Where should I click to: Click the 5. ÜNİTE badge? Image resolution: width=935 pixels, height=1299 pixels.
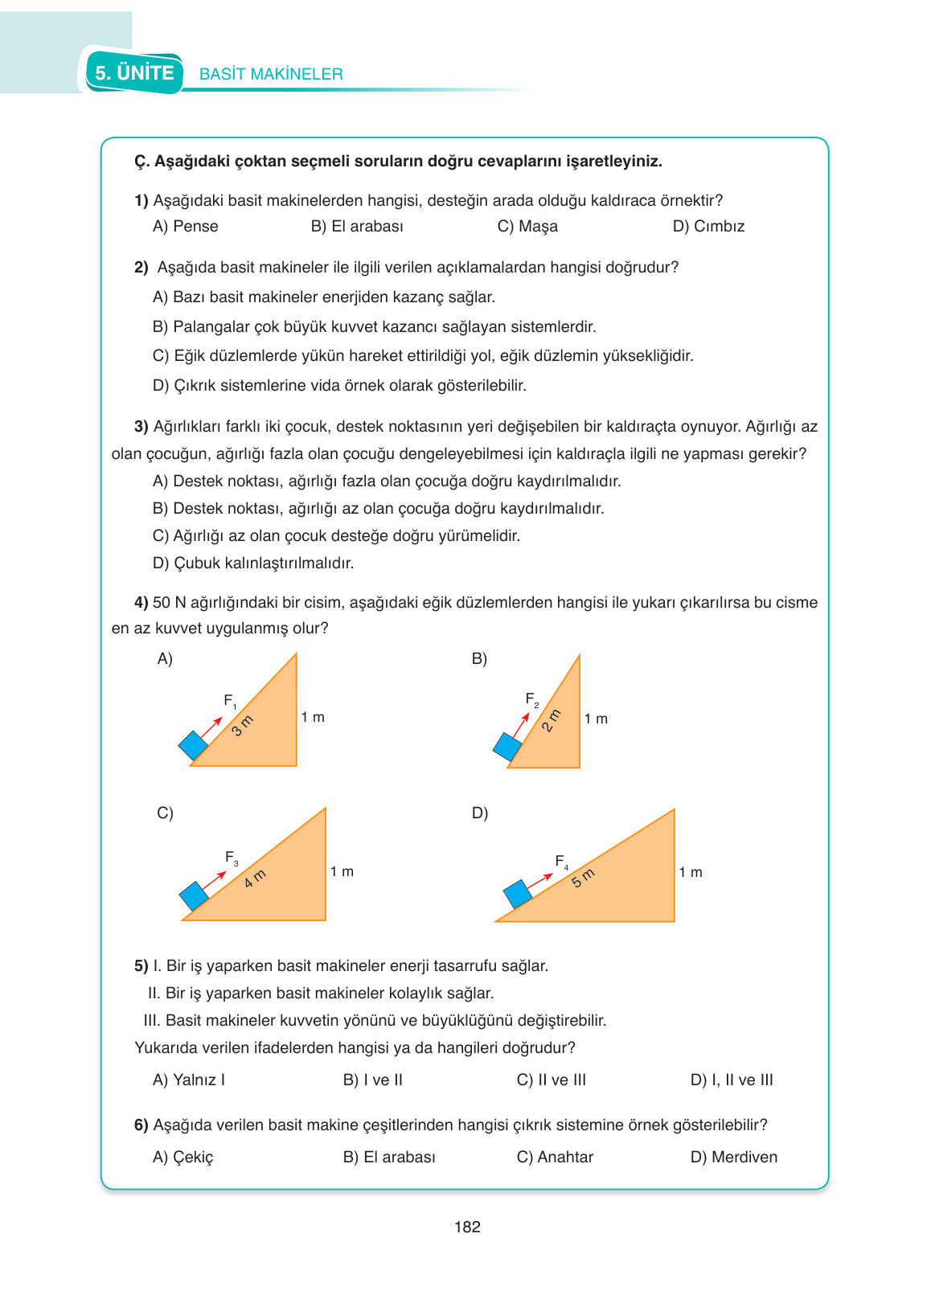click(134, 73)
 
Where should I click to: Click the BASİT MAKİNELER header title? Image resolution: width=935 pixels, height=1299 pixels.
click(271, 74)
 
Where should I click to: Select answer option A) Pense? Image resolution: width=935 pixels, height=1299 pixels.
click(186, 227)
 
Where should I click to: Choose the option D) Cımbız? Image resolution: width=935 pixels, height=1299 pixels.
click(708, 227)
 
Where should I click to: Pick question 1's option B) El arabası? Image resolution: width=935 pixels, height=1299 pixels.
click(357, 227)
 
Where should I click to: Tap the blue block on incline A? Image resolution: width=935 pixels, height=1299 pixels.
click(193, 745)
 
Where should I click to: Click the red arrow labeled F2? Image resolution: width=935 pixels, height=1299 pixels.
click(521, 724)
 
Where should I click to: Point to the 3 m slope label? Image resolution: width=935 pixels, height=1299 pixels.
click(242, 725)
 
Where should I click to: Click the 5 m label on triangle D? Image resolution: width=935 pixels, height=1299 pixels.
click(583, 877)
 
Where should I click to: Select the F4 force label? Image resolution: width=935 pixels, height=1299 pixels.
click(562, 862)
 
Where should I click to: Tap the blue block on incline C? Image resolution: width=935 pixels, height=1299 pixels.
click(194, 895)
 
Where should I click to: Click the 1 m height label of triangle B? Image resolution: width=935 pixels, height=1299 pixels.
click(596, 719)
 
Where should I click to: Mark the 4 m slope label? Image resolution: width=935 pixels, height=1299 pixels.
click(255, 879)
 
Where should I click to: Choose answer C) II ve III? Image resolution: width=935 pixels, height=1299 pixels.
click(552, 1080)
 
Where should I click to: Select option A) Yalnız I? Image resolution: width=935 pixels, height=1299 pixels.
click(189, 1080)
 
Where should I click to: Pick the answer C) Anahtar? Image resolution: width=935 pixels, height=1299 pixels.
click(555, 1158)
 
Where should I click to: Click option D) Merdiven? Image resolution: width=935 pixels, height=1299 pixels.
click(734, 1158)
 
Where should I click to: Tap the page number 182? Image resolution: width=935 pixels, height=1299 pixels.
click(467, 1227)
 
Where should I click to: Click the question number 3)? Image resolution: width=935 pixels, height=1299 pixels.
click(141, 427)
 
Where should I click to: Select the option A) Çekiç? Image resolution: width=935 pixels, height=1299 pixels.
click(183, 1158)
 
